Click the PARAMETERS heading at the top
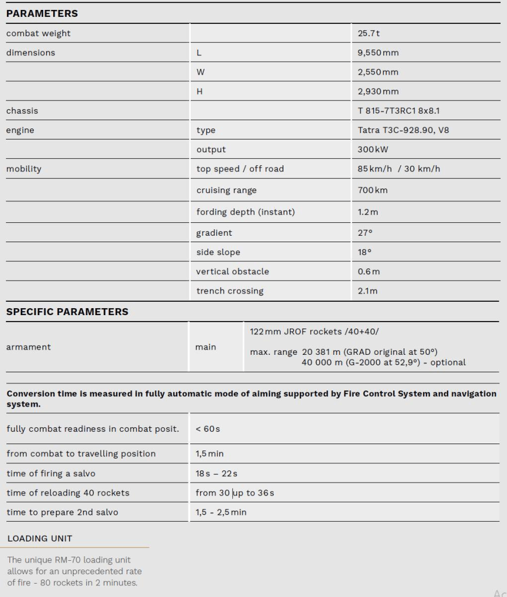[42, 13]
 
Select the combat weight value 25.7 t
[369, 33]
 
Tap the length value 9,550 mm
[379, 53]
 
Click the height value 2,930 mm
[379, 92]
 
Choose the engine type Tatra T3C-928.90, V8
[403, 130]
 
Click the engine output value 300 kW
[373, 149]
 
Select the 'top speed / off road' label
[240, 169]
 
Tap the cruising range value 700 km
[373, 190]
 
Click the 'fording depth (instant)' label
[245, 211]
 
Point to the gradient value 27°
[365, 233]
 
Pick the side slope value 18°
[365, 252]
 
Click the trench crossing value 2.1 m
[368, 291]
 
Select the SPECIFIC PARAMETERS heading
[67, 312]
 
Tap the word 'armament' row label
[29, 347]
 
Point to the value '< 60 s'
[208, 429]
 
